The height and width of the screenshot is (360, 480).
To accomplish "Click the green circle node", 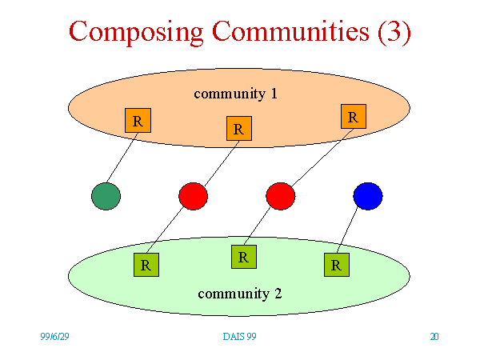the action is click(x=106, y=196).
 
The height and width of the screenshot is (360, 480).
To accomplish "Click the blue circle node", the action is click(x=368, y=196).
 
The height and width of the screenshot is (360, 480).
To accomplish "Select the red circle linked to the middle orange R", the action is click(x=193, y=196).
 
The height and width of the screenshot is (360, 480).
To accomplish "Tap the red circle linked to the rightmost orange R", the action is click(x=281, y=196).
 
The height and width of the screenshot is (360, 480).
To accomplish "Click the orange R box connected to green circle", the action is click(x=138, y=120).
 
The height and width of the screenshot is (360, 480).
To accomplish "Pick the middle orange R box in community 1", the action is click(x=239, y=128).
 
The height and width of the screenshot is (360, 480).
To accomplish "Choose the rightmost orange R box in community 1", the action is click(x=354, y=116).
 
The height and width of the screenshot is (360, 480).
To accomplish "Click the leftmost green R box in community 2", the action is click(x=146, y=265).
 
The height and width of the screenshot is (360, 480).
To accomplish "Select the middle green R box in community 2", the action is click(x=244, y=257).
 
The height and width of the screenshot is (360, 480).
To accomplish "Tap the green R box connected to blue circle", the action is click(x=337, y=265).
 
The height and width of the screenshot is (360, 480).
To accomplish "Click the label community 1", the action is click(x=235, y=94).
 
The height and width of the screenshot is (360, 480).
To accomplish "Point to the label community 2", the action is click(x=240, y=294).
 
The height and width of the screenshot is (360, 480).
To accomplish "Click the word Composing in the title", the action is click(x=136, y=32).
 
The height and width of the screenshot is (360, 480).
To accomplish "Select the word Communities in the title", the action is click(x=290, y=30).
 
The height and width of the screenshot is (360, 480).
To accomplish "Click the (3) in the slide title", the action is click(x=394, y=32).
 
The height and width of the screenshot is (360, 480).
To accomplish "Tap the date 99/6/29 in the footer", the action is click(x=54, y=337).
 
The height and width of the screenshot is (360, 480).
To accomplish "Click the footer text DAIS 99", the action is click(x=239, y=337).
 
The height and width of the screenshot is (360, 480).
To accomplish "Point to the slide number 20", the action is click(x=434, y=337).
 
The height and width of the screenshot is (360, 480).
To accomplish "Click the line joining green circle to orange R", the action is click(x=122, y=158).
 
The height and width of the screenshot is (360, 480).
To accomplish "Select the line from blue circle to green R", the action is click(x=347, y=230).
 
